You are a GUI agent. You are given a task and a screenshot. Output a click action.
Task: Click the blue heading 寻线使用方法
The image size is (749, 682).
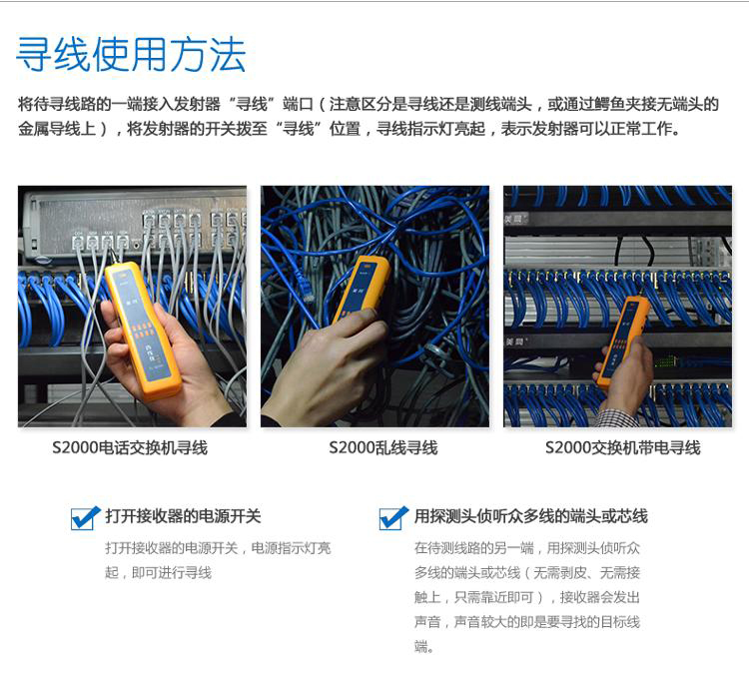(131, 55)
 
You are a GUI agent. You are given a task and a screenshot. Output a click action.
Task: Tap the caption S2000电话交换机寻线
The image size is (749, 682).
(130, 448)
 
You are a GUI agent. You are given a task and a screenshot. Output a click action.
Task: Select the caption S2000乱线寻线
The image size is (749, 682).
(383, 448)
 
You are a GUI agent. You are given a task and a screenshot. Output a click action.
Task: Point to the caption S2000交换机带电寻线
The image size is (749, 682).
(622, 448)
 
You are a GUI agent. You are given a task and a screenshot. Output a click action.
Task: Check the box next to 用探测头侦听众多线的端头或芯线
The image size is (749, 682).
(393, 517)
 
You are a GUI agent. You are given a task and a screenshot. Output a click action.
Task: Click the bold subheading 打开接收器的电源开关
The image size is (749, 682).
(183, 516)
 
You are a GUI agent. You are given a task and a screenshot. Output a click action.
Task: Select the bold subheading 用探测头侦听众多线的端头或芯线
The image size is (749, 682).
(530, 516)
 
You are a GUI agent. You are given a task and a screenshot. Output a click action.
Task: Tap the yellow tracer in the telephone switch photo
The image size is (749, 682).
(143, 330)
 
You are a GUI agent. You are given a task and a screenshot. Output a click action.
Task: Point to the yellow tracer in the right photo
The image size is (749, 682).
(623, 341)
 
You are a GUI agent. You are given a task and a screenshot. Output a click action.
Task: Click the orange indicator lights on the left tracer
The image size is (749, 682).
(142, 330)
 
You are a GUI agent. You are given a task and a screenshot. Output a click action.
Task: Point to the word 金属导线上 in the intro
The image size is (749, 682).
(57, 129)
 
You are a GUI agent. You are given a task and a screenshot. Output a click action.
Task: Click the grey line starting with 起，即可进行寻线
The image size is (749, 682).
(159, 572)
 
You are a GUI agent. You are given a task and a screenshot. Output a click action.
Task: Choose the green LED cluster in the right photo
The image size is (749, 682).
(665, 361)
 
